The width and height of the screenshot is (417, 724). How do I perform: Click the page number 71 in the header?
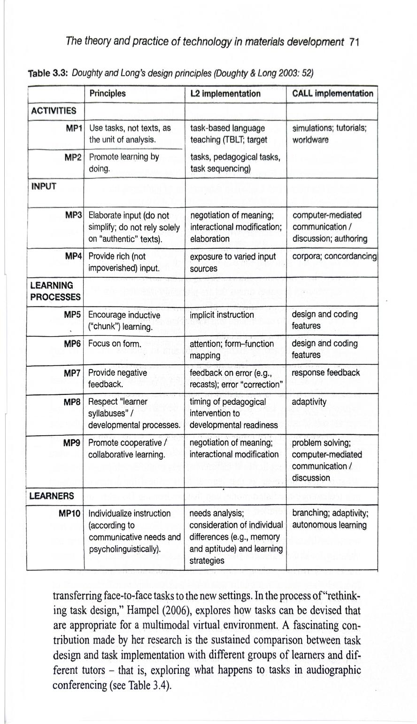[x=355, y=42]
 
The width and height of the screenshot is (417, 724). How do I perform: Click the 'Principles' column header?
[x=107, y=93]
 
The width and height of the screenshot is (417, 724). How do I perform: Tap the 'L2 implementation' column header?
[x=225, y=94]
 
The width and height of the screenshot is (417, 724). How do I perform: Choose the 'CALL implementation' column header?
[x=332, y=93]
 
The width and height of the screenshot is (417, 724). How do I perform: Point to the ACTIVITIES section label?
[x=53, y=111]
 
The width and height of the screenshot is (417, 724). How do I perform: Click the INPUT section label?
[x=44, y=186]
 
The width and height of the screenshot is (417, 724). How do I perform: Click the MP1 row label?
[x=74, y=128]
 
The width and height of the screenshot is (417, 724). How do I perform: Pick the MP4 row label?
[x=74, y=257]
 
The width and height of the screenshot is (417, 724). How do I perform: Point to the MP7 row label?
[x=74, y=372]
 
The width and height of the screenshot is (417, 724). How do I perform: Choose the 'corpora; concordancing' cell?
[x=334, y=257]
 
